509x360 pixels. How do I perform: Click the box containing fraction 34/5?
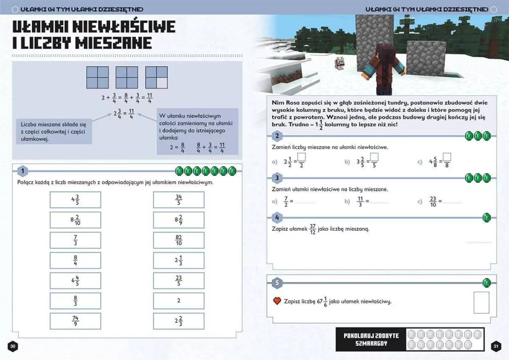coord(178,200)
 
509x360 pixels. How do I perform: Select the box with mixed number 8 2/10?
coord(75,220)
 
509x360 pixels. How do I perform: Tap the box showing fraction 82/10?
coord(178,240)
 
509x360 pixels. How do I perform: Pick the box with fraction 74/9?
coord(75,321)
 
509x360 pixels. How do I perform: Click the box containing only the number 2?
coord(178,301)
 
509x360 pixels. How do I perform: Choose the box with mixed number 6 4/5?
coord(75,280)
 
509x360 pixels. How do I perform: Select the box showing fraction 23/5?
coord(178,280)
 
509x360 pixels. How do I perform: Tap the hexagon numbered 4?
coord(277,217)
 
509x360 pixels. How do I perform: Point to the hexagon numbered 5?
coord(277,283)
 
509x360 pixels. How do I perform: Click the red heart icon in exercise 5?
coord(277,301)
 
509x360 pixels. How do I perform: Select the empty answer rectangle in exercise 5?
coord(481,302)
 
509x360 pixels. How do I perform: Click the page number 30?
coord(13,346)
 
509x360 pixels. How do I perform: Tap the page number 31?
coord(495,346)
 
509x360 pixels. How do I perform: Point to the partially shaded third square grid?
coord(156,77)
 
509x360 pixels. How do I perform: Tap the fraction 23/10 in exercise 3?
coord(432,201)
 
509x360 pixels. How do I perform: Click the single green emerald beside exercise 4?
coord(487,217)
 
